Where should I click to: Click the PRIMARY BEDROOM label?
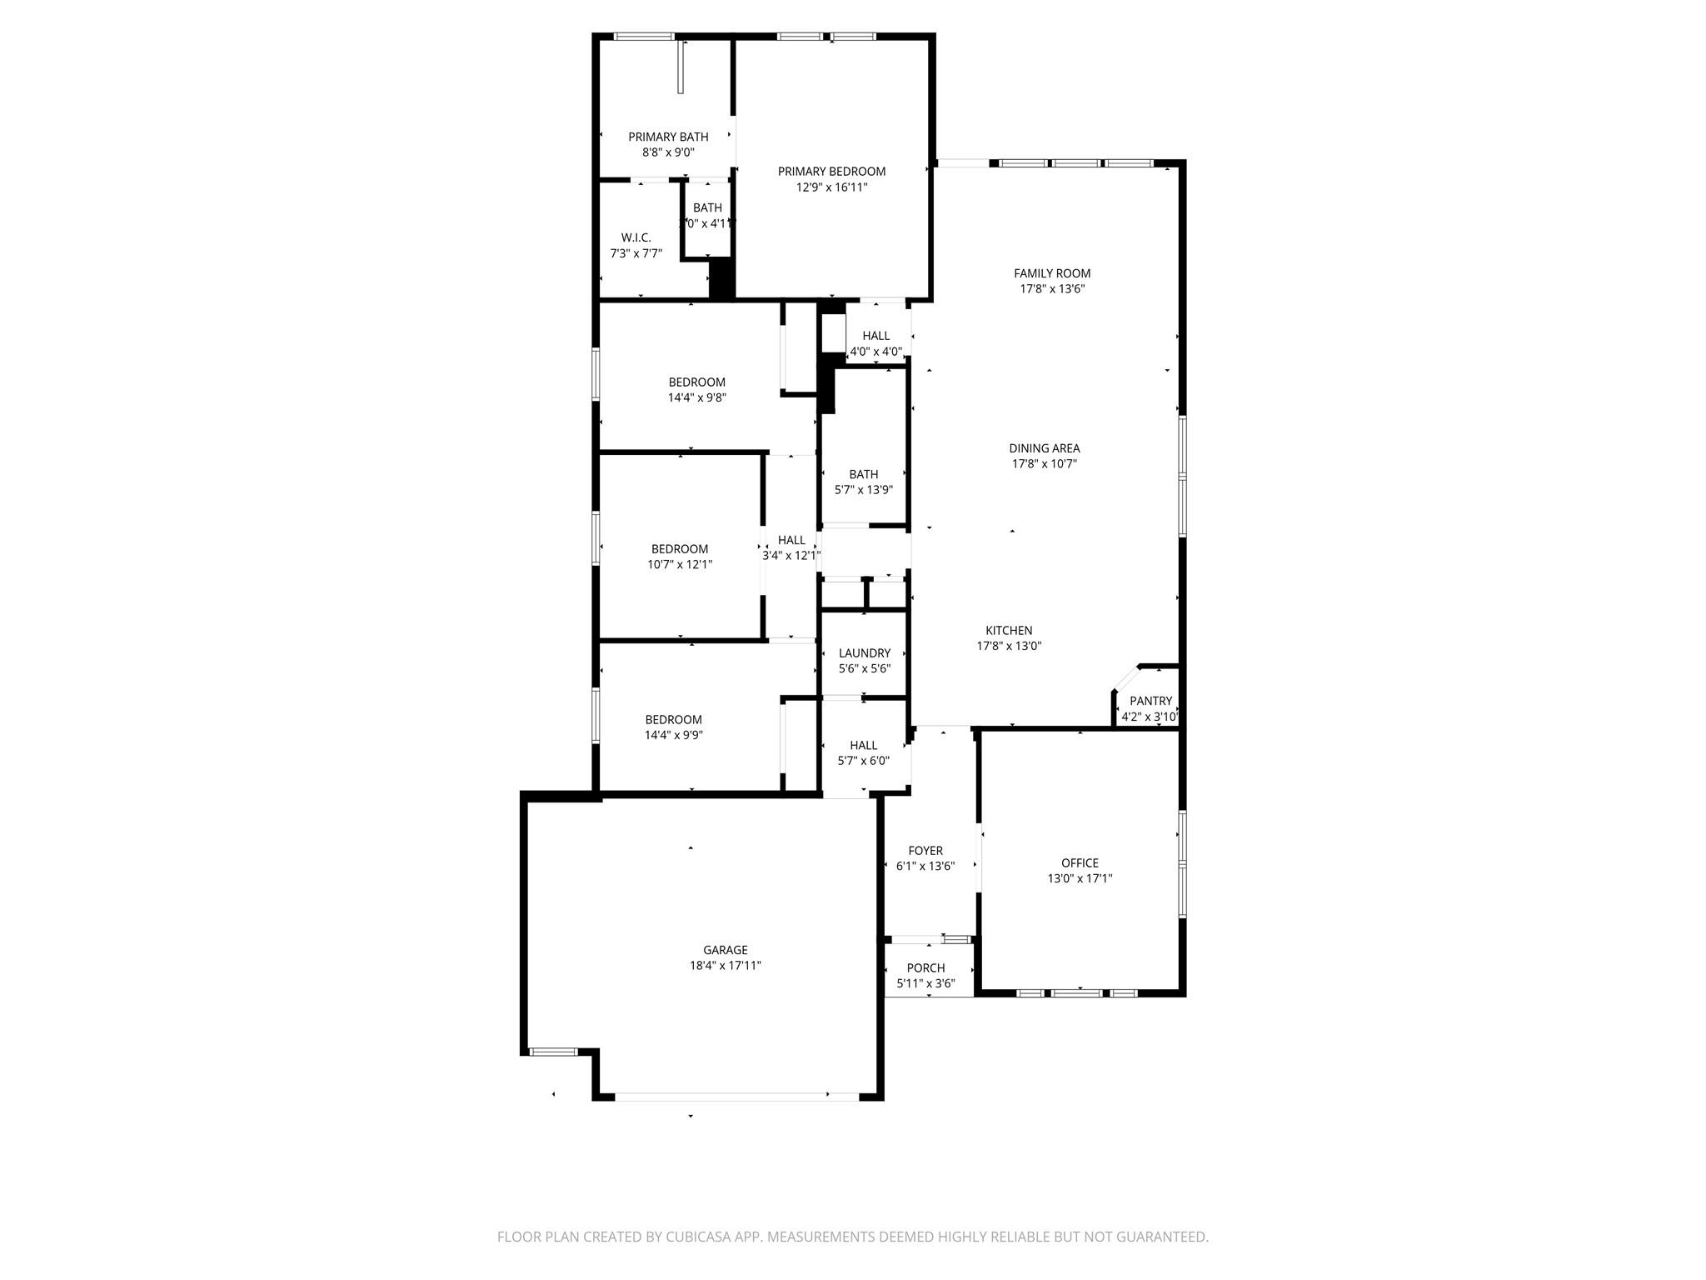point(831,172)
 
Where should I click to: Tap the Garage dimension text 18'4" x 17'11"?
point(725,966)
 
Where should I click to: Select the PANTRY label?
point(1150,701)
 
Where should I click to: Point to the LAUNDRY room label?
point(864,653)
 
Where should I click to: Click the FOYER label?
point(925,851)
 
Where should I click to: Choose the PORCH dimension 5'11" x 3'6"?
point(925,983)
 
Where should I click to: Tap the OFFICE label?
point(1080,863)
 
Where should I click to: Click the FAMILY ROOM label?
point(1052,273)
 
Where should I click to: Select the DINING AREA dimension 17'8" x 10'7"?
point(1044,464)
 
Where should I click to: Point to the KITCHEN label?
point(1009,631)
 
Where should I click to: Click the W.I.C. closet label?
point(636,237)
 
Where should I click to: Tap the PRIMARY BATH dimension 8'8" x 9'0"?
point(668,152)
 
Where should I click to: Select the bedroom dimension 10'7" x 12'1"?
point(680,564)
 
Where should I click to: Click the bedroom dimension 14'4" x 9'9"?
point(673,735)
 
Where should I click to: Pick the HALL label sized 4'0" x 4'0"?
point(875,336)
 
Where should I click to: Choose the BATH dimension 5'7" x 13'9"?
point(863,490)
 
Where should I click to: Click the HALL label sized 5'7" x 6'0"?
point(863,745)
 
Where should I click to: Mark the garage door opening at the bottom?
point(736,1097)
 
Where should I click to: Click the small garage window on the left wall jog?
point(554,1052)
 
